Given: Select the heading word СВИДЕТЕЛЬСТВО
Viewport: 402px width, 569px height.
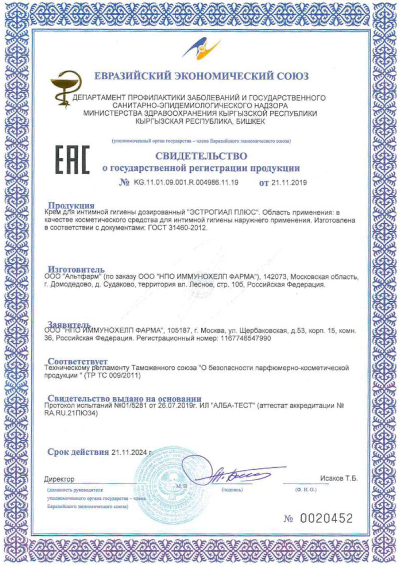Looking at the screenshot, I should [x=201, y=156].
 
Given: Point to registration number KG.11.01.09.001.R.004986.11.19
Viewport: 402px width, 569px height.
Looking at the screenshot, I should [x=186, y=183].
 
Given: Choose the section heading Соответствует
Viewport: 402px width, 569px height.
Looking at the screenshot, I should [x=78, y=361].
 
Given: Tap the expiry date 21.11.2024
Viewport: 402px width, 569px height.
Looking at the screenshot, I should [x=129, y=452].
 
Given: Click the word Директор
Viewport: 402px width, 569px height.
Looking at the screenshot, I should [x=59, y=479].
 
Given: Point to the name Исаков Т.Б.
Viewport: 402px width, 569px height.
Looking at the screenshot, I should [x=338, y=478].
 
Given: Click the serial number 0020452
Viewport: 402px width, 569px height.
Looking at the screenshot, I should [x=326, y=518].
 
